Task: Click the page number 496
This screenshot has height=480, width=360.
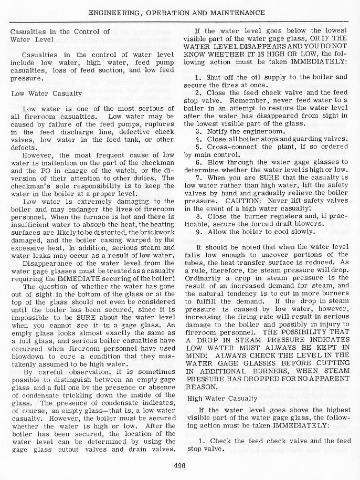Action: point(180,464)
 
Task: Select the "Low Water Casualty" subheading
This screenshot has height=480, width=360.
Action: point(46,93)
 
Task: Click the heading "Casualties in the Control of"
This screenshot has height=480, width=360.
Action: point(60,32)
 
